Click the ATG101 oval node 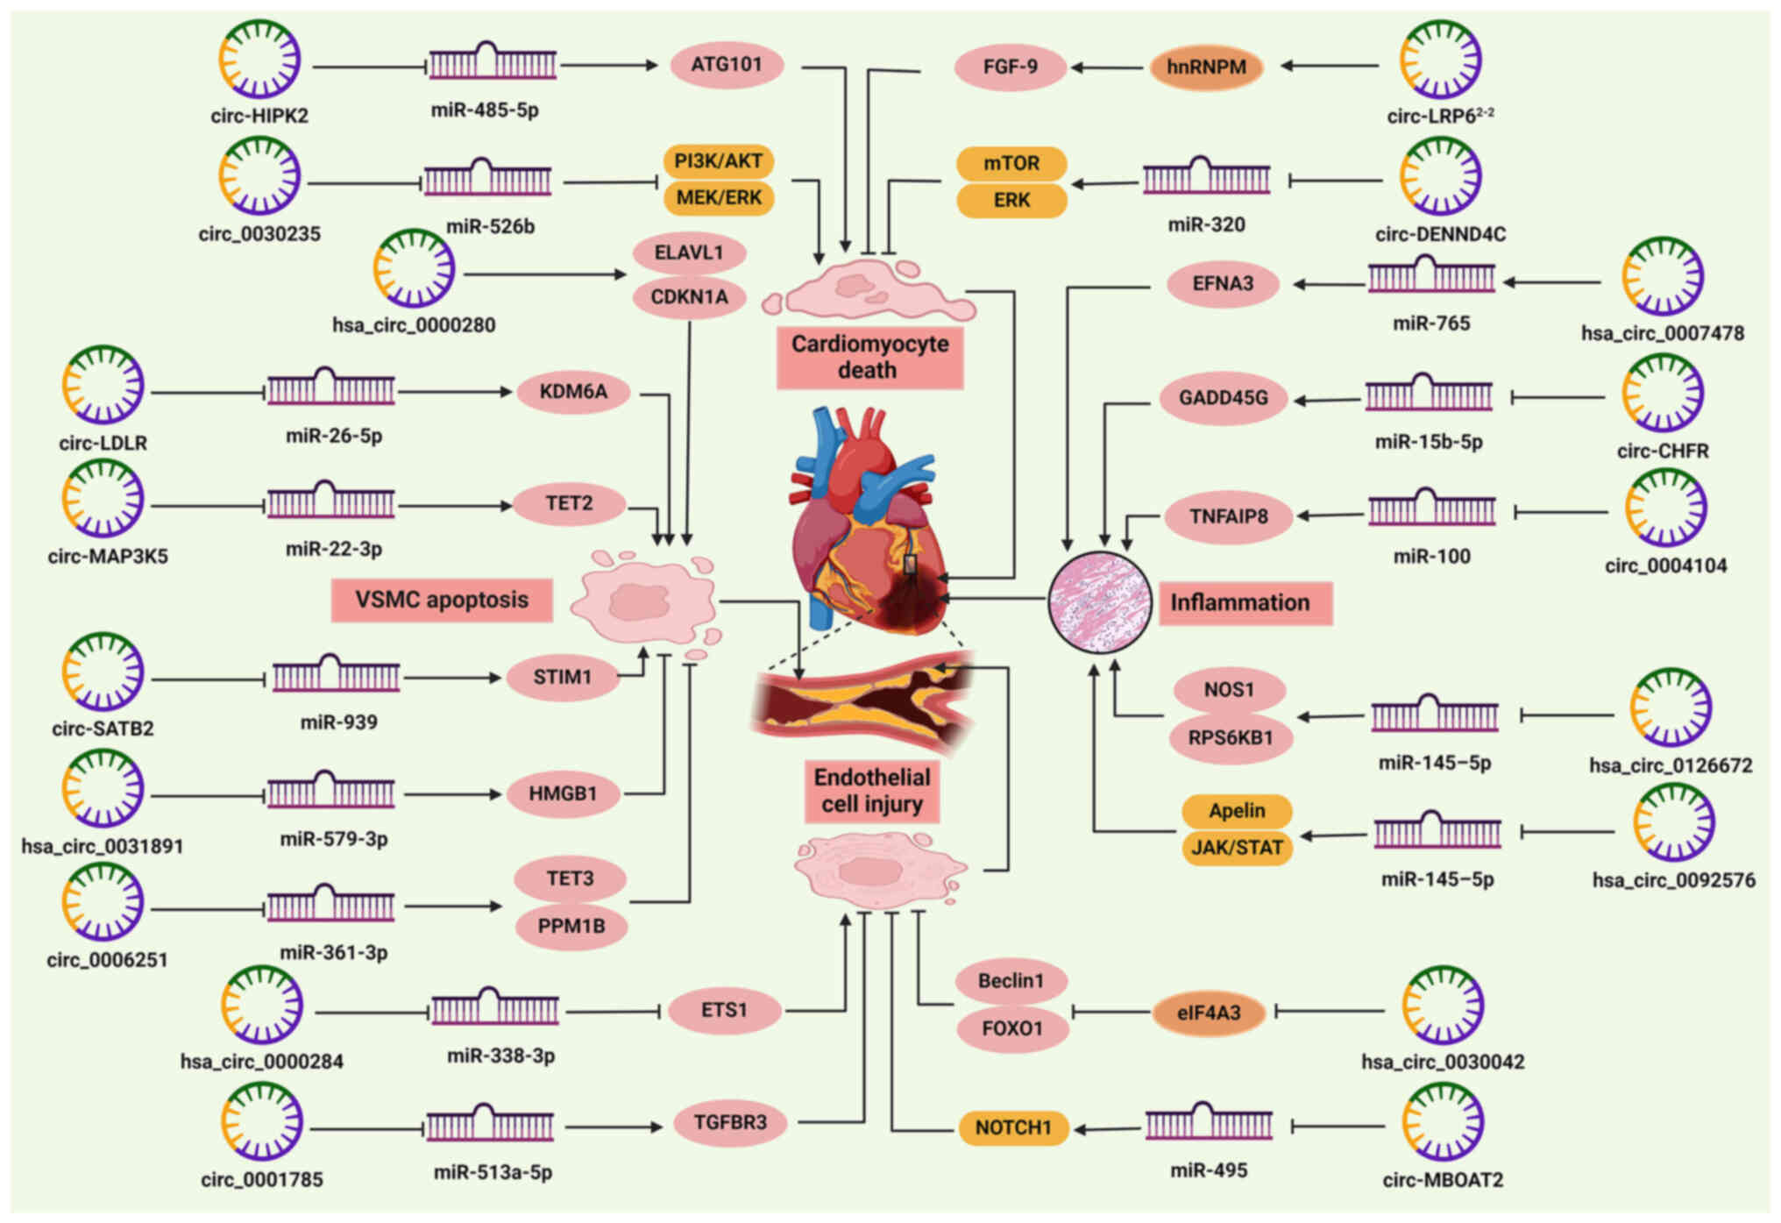(727, 65)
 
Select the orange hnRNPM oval (1206, 68)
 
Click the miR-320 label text (1206, 224)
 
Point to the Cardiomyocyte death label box (869, 357)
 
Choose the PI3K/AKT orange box (719, 161)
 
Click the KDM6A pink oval (573, 391)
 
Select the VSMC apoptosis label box (442, 600)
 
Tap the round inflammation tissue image (1100, 602)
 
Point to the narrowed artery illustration (863, 701)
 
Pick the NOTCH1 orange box (1013, 1127)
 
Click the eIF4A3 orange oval (1209, 1013)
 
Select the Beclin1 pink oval (1011, 981)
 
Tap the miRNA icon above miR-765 (1431, 276)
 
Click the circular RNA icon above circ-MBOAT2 (1443, 1122)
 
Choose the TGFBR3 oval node (730, 1122)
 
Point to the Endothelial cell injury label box (872, 791)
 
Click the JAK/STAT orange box (1237, 848)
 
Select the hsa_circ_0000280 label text (414, 325)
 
